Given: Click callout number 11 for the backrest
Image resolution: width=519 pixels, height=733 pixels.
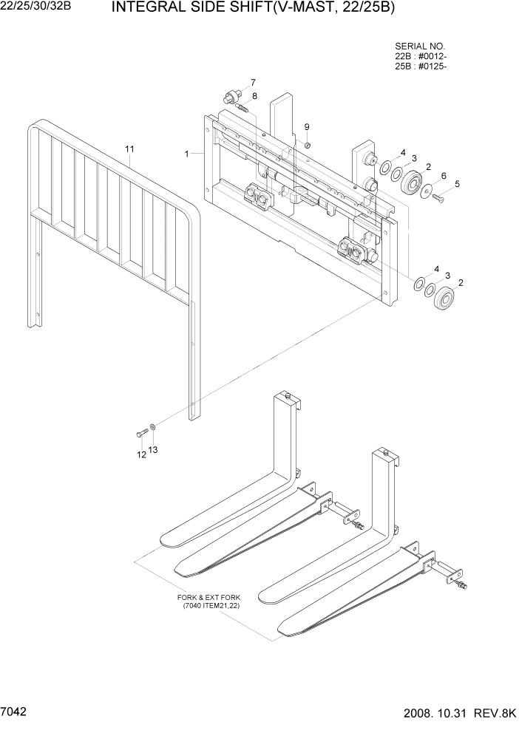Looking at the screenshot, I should point(129,149).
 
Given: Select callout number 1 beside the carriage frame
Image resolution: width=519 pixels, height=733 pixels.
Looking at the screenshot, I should point(187,154).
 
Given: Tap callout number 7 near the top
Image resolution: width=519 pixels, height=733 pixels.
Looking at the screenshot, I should point(252,82).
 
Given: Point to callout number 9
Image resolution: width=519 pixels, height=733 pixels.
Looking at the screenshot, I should point(307,126).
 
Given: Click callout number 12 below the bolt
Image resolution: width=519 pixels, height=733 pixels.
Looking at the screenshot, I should point(141,455).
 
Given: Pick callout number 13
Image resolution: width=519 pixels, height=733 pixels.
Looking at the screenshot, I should point(154,449).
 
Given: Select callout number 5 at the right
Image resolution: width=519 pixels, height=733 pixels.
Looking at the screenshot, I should point(456,183).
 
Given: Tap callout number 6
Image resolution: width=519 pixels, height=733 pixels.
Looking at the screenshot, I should point(444,175).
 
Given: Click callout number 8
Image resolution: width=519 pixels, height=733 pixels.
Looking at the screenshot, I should point(254,96).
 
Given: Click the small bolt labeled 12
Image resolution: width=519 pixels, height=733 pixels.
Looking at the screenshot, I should point(140,433).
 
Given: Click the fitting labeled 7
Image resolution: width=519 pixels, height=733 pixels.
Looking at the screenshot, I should point(231,97).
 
